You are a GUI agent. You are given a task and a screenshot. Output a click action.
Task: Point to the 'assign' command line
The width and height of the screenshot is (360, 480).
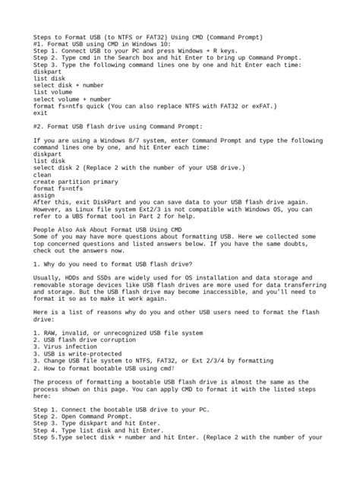[x=46, y=194]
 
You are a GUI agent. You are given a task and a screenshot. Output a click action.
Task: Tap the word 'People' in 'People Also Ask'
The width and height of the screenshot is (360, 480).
[x=46, y=229]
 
